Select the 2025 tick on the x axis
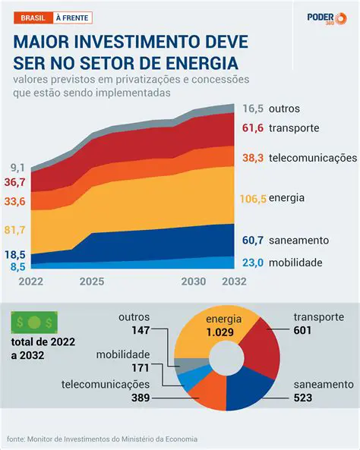coord(91,282)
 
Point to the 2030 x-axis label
coord(194,282)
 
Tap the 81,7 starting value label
coord(16,229)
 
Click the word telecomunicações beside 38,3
coord(313,158)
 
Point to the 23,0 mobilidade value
coord(253,263)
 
